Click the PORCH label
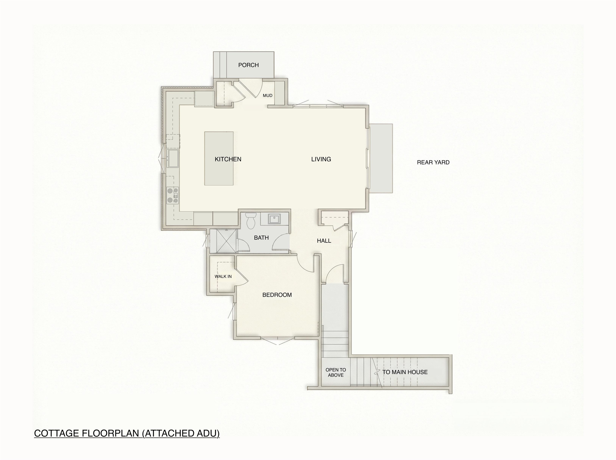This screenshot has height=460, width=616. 248,65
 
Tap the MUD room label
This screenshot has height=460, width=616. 267,95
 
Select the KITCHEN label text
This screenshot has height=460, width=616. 228,159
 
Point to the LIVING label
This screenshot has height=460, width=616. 321,159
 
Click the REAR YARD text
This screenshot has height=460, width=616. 433,162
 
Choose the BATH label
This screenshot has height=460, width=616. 261,237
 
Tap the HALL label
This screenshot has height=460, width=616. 324,241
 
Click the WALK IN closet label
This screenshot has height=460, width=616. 223,277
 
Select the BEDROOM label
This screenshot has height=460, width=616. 277,295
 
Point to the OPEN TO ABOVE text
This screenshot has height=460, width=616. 335,373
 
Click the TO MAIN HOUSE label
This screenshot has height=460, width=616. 405,372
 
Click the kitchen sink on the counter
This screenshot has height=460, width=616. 173,158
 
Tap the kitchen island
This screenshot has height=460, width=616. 219,158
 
